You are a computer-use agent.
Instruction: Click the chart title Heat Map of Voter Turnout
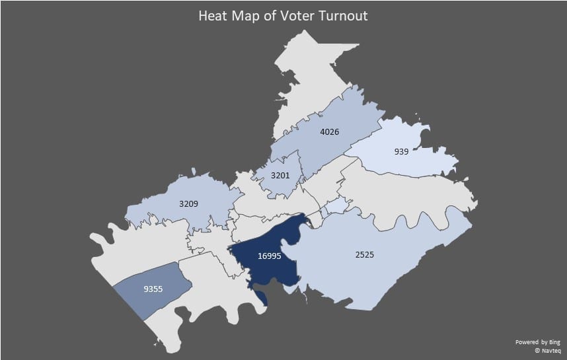[x=283, y=15]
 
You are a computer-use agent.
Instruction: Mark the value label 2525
[x=364, y=254]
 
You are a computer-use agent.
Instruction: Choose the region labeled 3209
[x=165, y=211]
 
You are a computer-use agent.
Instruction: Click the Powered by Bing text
[x=537, y=342]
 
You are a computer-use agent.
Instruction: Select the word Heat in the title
[x=213, y=15]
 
